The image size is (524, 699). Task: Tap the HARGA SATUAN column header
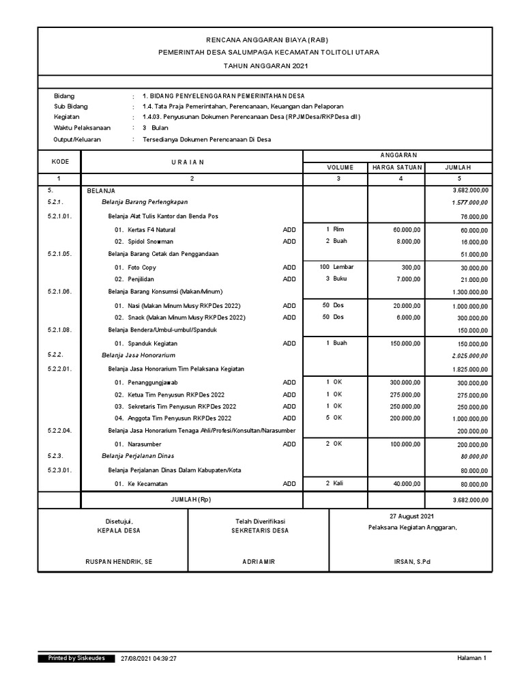click(x=397, y=167)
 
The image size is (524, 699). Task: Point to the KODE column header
click(x=59, y=161)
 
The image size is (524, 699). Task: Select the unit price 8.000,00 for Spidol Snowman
click(x=407, y=241)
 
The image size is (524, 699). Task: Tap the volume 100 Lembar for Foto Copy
click(x=336, y=267)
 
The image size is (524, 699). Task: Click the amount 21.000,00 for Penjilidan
click(x=472, y=280)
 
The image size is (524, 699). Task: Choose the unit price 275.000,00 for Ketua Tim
click(x=405, y=395)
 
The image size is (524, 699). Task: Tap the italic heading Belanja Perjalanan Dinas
click(x=138, y=455)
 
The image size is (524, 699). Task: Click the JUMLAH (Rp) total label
click(x=191, y=500)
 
